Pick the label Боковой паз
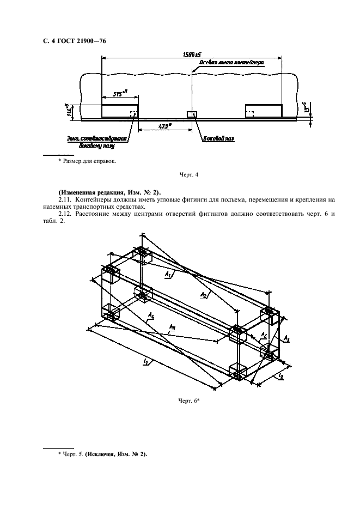coord(218,139)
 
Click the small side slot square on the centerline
coord(191,114)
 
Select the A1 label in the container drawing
coord(168,276)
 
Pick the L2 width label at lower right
coord(280,376)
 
